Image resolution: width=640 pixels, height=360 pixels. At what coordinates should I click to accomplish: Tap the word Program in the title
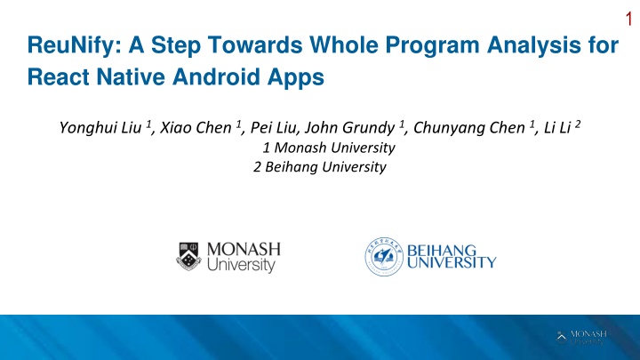pyautogui.click(x=433, y=45)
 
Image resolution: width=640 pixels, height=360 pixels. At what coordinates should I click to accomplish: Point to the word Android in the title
pyautogui.click(x=216, y=76)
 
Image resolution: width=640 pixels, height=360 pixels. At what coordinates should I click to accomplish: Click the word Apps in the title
pyautogui.click(x=296, y=77)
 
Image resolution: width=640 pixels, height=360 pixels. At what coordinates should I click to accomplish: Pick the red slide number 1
pyautogui.click(x=628, y=19)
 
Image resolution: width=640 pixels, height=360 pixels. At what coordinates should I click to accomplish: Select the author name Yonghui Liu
pyautogui.click(x=100, y=128)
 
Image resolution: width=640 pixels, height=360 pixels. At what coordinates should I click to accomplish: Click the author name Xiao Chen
pyautogui.click(x=196, y=128)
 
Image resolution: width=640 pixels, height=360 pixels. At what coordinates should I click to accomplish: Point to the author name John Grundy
pyautogui.click(x=350, y=128)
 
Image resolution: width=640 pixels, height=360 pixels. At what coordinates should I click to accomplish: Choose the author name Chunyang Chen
pyautogui.click(x=469, y=128)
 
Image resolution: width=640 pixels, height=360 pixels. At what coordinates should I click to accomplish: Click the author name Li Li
pyautogui.click(x=557, y=128)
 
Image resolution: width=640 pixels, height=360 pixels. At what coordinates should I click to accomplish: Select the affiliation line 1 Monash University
pyautogui.click(x=329, y=148)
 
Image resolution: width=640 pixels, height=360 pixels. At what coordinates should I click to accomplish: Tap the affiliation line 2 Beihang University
pyautogui.click(x=320, y=167)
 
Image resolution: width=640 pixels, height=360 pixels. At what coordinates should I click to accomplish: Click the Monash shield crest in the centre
pyautogui.click(x=188, y=256)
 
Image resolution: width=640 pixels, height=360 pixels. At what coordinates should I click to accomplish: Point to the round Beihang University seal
pyautogui.click(x=384, y=257)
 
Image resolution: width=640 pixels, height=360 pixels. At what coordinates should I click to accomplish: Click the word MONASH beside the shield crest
pyautogui.click(x=244, y=250)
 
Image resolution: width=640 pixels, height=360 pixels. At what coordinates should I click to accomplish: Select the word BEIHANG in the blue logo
pyautogui.click(x=442, y=250)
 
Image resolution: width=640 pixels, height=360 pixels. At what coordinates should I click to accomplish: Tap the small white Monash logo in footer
pyautogui.click(x=581, y=338)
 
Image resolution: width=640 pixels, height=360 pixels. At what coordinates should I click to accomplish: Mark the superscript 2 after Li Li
pyautogui.click(x=578, y=124)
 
